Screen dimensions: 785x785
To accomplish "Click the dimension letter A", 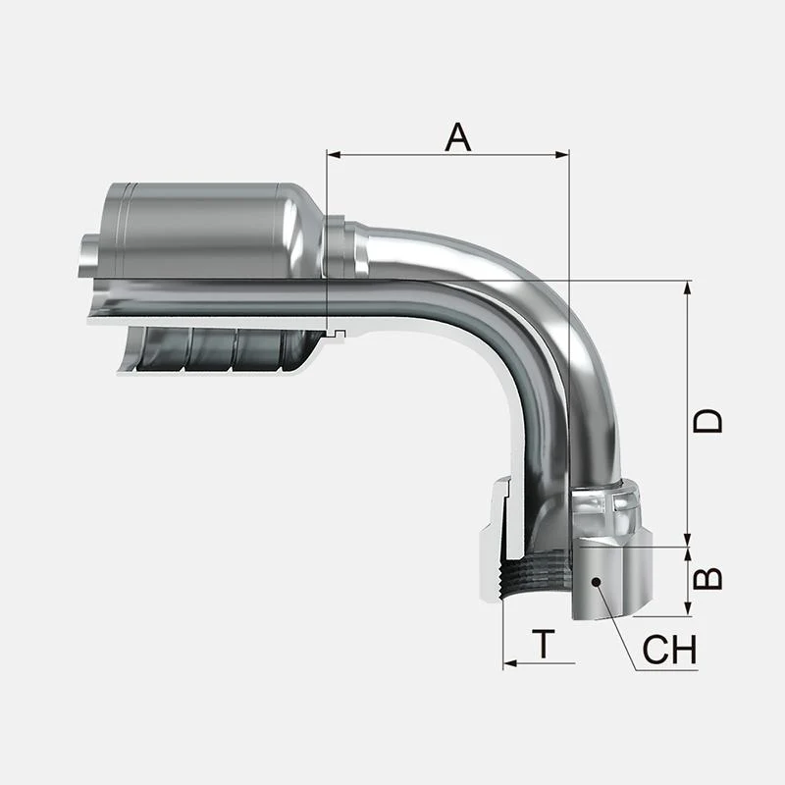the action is pos(457,137).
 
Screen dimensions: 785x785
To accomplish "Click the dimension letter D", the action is pos(707,420).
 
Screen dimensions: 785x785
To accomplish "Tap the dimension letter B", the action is pos(707,578).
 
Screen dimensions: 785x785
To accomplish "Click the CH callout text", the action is pos(669,650).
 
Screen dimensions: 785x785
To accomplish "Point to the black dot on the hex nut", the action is pos(596,581).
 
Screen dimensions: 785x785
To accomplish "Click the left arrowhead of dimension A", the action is pos(334,155).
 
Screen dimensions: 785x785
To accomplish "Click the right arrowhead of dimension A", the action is pos(562,155).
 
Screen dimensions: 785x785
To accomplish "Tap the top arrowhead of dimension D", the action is pos(688,288).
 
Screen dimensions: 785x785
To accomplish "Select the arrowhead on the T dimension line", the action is pos(510,664).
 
